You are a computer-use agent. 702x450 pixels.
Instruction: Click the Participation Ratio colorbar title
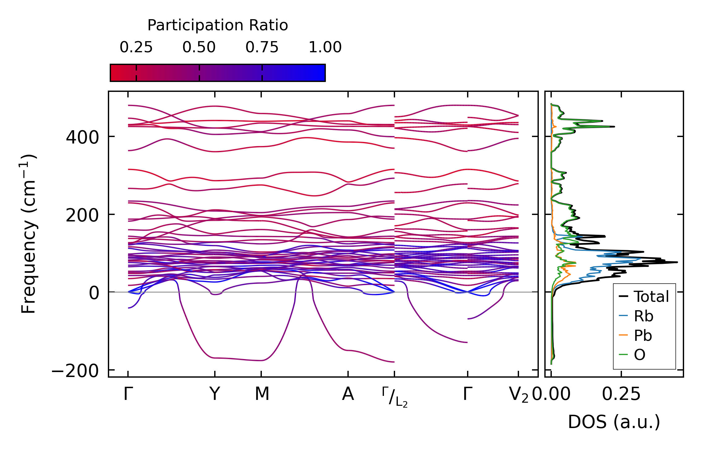218,25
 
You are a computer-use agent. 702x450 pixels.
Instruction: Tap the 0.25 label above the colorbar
136,48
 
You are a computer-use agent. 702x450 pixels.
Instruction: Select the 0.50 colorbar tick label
199,48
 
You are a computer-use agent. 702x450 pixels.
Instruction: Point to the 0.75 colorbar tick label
262,48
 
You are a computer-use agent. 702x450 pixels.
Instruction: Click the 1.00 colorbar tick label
325,48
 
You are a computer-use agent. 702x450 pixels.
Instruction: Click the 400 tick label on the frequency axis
83,137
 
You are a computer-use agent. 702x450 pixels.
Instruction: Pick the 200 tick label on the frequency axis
83,215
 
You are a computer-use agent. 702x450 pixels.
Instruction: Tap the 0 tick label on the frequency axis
94,293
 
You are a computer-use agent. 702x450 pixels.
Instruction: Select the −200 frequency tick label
75,371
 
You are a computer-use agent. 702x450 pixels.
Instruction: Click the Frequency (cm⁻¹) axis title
28,234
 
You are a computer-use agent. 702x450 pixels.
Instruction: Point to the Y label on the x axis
215,394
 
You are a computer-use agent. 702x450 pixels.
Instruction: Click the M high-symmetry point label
262,394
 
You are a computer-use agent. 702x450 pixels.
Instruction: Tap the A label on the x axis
348,394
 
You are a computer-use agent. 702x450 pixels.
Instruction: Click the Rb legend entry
644,316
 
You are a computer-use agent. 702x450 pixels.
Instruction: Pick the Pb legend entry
643,335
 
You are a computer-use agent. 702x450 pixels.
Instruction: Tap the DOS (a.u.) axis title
614,422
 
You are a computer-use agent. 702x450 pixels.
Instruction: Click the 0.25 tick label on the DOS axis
621,394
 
